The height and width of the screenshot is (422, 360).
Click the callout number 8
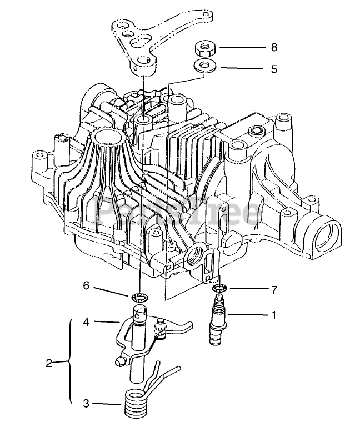point(274,47)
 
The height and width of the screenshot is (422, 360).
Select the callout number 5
point(274,69)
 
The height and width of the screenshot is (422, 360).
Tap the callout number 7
point(274,290)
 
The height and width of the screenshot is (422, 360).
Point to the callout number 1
point(274,315)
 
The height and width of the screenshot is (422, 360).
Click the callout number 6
point(86,285)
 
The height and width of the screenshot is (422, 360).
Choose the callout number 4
point(86,322)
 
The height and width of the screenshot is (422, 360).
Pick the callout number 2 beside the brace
point(49,363)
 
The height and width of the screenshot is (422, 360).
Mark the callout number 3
point(86,404)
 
